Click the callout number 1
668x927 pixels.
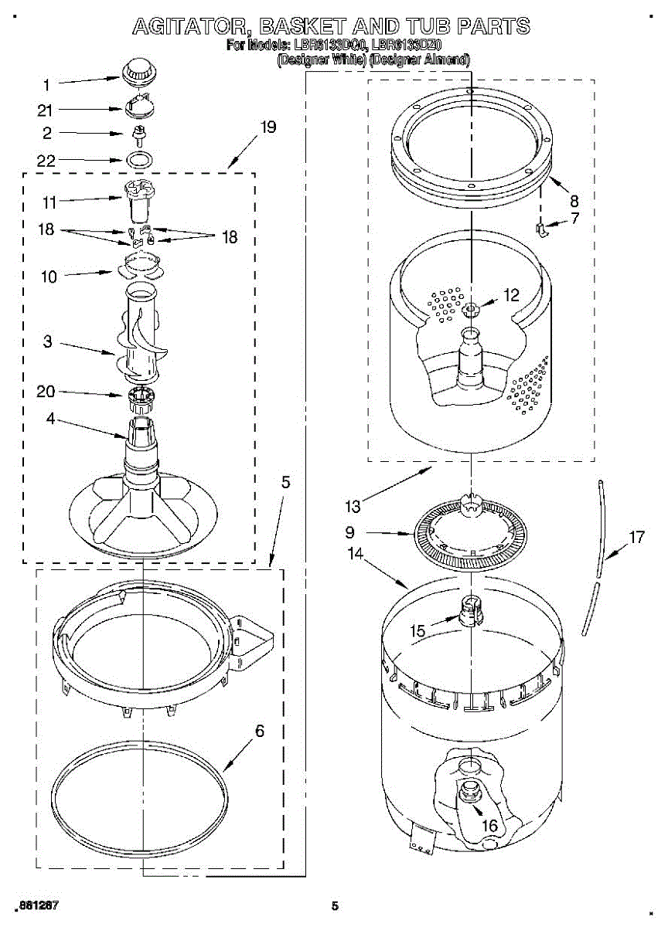click(46, 84)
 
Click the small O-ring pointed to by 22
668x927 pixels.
click(138, 160)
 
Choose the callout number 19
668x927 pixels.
click(268, 127)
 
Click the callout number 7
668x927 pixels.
click(575, 219)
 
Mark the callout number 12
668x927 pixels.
click(511, 294)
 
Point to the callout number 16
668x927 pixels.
click(489, 825)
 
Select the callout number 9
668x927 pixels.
click(349, 532)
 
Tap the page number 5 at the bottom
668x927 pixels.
click(335, 906)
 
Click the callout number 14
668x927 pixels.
click(356, 553)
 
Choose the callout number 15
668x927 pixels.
click(417, 631)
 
